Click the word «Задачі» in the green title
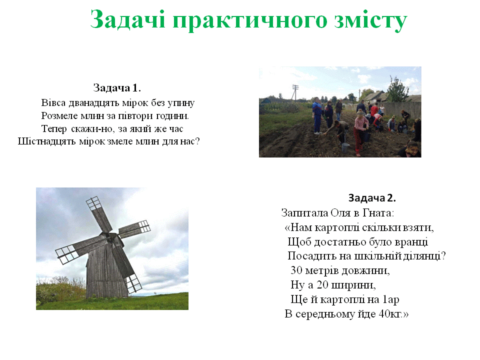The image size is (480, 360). pyautogui.click(x=128, y=19)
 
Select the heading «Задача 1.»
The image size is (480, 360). pyautogui.click(x=117, y=88)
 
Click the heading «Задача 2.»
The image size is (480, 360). pyautogui.click(x=372, y=198)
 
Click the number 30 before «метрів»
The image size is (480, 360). pyautogui.click(x=296, y=270)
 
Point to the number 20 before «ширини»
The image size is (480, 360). pyautogui.click(x=322, y=284)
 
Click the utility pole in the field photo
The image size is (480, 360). pyautogui.click(x=295, y=92)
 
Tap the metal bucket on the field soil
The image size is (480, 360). pyautogui.click(x=344, y=147)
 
